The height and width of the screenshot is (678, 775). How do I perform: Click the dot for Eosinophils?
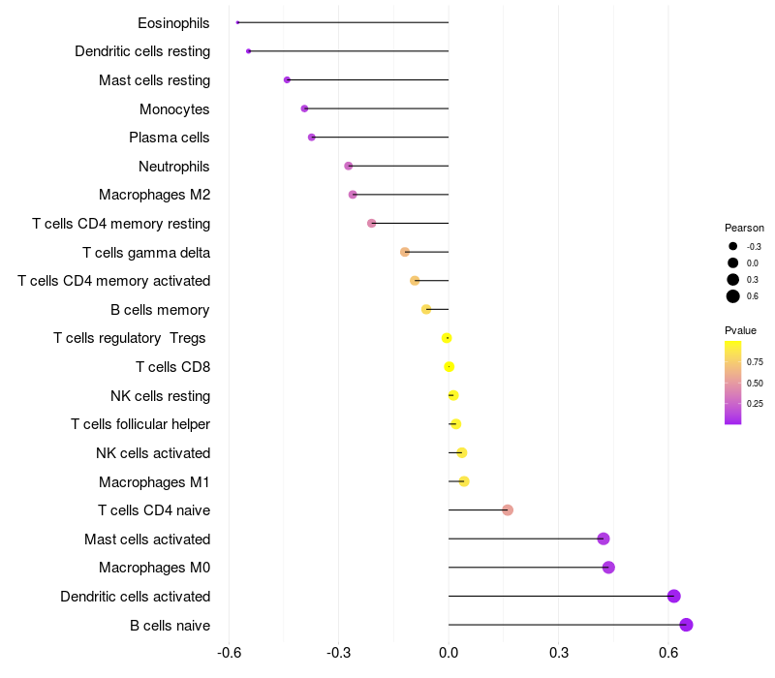237,22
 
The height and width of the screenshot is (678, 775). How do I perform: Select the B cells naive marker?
686,625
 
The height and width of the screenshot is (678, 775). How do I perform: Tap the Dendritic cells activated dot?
673,596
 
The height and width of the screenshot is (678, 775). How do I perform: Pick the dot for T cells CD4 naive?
508,510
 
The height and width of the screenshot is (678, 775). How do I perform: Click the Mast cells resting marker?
287,80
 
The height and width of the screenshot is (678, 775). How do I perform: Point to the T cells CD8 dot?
449,367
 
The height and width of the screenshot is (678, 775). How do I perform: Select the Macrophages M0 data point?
608,568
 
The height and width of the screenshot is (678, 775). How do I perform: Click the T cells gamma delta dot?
405,252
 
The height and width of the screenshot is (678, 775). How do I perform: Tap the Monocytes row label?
174,109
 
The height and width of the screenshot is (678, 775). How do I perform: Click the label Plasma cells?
169,138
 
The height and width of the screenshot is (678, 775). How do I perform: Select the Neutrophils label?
174,167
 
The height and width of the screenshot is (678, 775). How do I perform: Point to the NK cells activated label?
153,453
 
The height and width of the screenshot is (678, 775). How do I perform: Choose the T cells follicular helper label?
140,424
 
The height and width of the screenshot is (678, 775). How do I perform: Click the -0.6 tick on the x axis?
229,653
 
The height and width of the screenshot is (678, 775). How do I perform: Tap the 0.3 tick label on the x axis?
559,653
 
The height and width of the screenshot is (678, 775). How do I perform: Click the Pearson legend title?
744,228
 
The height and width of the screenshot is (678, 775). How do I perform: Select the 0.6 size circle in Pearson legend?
733,296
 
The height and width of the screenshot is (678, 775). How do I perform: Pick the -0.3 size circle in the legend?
733,246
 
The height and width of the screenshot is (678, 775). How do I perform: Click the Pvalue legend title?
740,330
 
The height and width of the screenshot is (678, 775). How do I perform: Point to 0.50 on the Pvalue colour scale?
755,383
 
